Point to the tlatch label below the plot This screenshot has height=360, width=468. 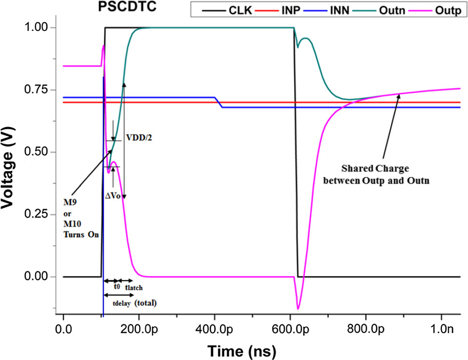coord(133,287)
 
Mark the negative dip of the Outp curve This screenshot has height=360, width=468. coord(298,308)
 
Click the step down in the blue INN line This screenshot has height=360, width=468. coord(218,102)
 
